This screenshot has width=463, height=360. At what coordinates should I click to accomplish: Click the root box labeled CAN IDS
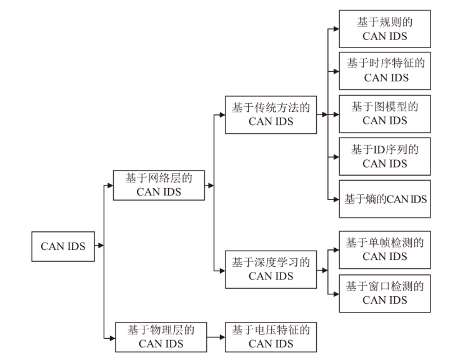[x=63, y=246]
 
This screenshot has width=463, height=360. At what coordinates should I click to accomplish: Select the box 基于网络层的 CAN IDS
[x=159, y=185]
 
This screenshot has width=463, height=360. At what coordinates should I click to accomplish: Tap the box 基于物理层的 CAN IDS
[x=159, y=337]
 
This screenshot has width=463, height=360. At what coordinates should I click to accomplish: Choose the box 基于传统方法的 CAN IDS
[x=271, y=114]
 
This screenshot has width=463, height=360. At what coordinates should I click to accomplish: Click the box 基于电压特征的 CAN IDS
[x=271, y=337]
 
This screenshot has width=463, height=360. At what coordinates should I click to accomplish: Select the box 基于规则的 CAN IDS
[x=385, y=29]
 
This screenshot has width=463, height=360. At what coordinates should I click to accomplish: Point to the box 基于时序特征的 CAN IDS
[x=385, y=71]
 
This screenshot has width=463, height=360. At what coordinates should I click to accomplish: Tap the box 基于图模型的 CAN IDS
[x=385, y=114]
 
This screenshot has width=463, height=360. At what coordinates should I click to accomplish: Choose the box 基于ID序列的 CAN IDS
[x=385, y=156]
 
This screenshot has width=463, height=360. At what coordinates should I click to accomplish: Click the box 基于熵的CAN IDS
[x=385, y=199]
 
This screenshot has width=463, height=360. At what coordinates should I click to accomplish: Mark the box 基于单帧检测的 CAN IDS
[x=385, y=249]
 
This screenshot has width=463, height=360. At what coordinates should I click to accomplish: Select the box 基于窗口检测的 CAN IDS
[x=385, y=293]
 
